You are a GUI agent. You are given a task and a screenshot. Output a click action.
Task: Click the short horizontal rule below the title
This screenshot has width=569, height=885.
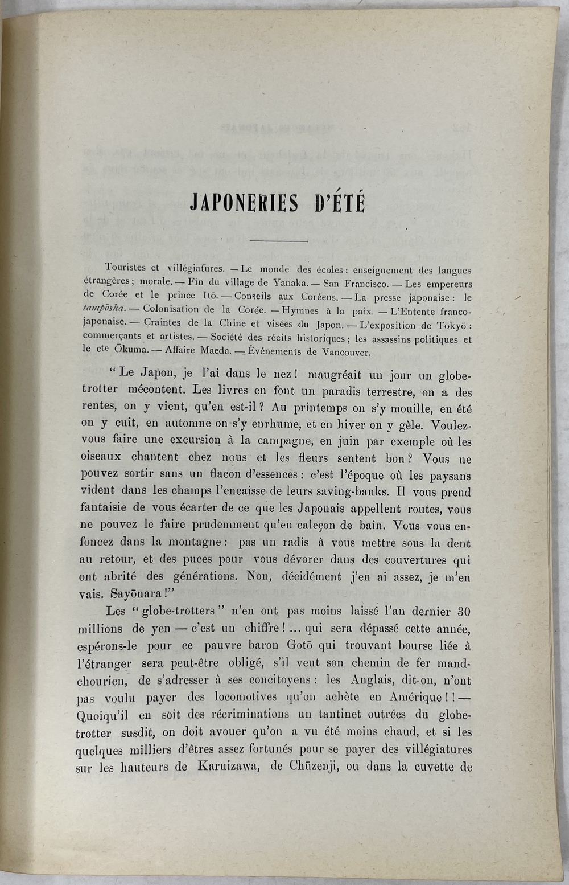click(278, 241)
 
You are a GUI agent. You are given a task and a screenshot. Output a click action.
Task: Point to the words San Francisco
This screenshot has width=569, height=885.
click(356, 283)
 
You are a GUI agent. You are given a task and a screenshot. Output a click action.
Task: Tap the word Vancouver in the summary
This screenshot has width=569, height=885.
click(347, 352)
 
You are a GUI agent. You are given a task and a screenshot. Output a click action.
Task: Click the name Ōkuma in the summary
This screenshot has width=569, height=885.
click(113, 349)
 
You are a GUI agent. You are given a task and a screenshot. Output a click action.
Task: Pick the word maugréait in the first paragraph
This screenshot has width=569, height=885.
click(334, 375)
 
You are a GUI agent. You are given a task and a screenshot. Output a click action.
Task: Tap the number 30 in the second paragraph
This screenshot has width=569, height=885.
click(464, 612)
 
